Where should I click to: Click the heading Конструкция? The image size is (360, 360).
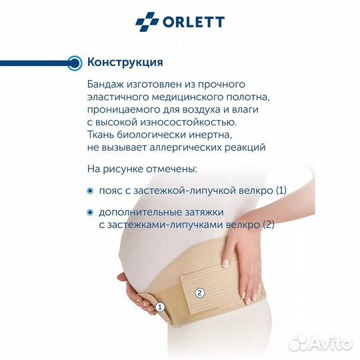point(125,63)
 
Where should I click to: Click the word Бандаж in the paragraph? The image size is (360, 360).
point(105,85)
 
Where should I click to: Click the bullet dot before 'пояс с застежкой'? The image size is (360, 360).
point(91,191)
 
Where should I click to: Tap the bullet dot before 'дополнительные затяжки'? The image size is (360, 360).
point(91,213)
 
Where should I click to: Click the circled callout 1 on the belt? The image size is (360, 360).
point(159,307)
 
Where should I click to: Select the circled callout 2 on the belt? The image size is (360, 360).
point(199,291)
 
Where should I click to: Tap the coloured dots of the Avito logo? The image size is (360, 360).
point(301,343)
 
